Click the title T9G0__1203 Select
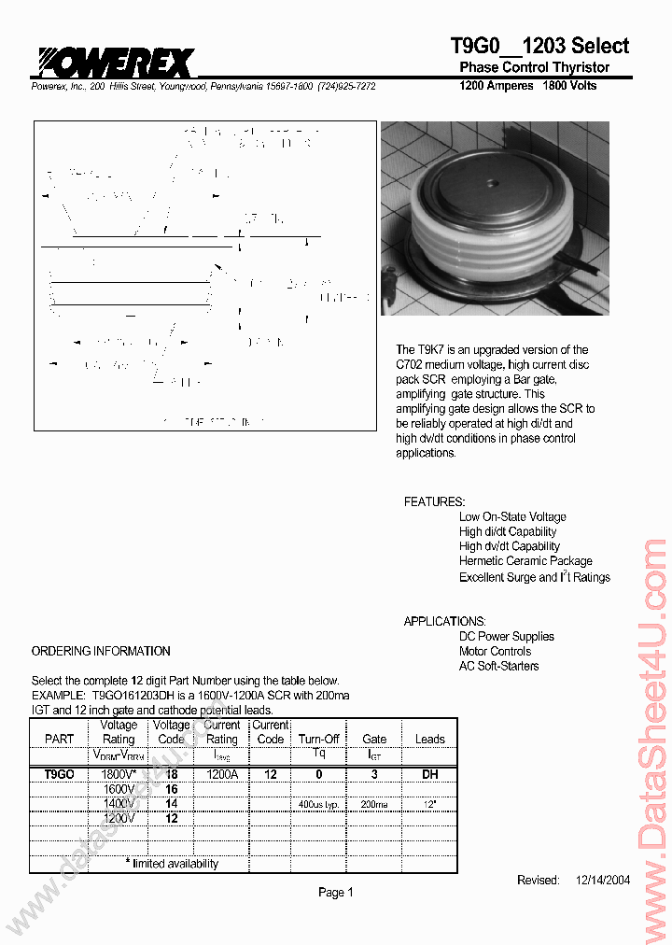click(x=539, y=46)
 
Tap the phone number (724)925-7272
click(x=346, y=86)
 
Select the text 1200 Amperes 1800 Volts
click(x=527, y=86)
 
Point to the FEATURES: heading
click(x=434, y=501)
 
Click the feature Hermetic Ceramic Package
click(x=525, y=561)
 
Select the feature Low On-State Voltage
click(x=512, y=516)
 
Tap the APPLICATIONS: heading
click(x=444, y=621)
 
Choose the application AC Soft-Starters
click(x=498, y=666)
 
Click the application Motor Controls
click(x=495, y=651)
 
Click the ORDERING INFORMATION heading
click(x=101, y=651)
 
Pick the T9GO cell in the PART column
click(x=59, y=774)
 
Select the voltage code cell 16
click(x=172, y=789)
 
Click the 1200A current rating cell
click(x=221, y=774)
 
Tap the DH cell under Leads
click(x=429, y=774)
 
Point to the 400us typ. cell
click(x=318, y=804)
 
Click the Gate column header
click(x=373, y=739)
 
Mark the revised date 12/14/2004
click(x=603, y=881)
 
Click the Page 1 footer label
click(x=336, y=893)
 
